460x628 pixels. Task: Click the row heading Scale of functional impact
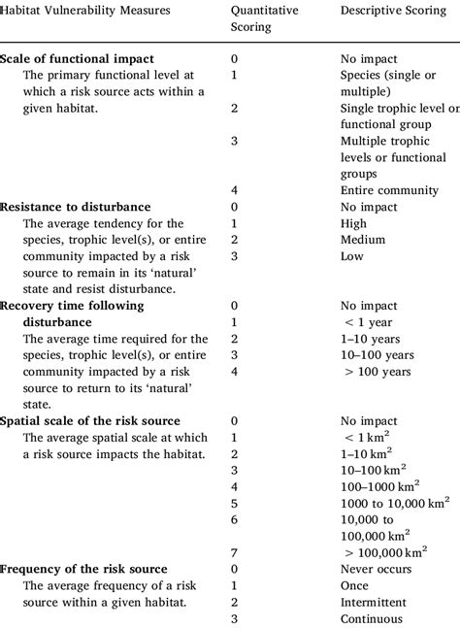click(x=77, y=58)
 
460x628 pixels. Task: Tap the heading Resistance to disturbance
click(x=75, y=207)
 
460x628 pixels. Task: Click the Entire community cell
click(x=388, y=190)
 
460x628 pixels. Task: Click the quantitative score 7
click(x=233, y=552)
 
